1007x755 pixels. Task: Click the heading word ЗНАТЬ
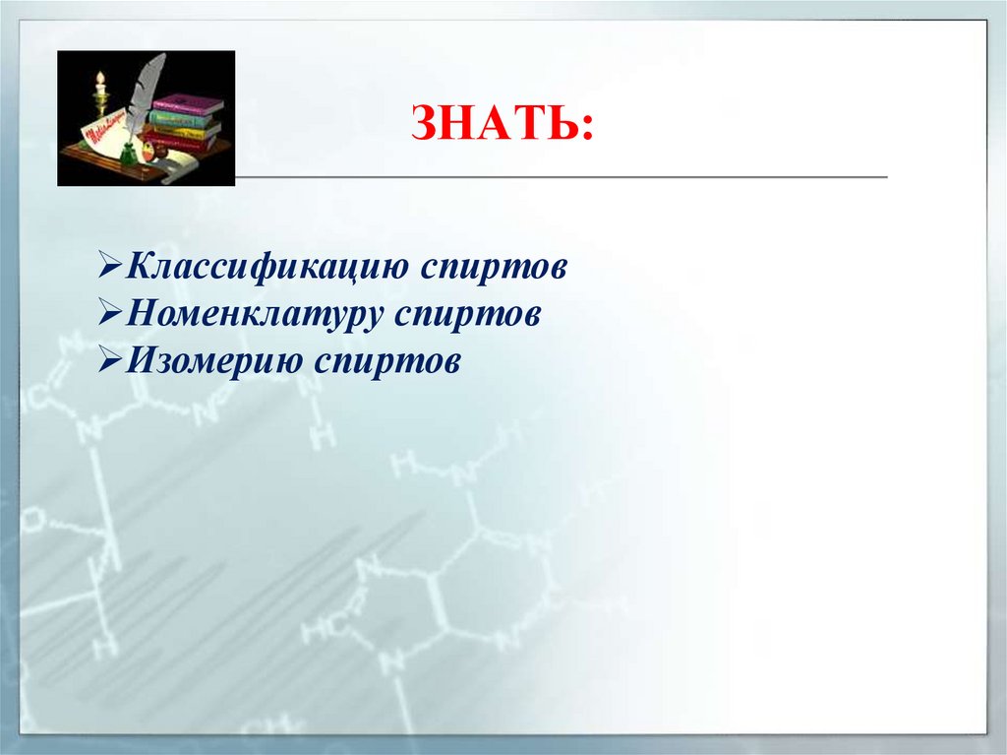(502, 127)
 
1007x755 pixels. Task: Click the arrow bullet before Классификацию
(110, 268)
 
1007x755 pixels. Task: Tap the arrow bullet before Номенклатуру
(110, 315)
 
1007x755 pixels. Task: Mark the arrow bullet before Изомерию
(110, 361)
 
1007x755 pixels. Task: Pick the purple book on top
(188, 102)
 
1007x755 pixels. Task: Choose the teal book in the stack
(183, 118)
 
